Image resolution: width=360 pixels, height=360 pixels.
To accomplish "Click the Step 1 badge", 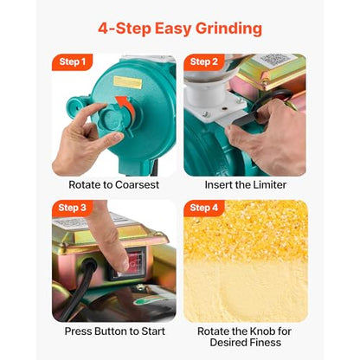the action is tap(73, 62).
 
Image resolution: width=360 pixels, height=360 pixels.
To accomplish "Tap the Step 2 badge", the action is tap(204, 62).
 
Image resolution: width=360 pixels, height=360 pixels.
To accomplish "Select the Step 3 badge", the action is tap(73, 208).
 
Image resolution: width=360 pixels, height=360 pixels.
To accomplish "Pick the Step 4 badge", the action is tap(204, 208).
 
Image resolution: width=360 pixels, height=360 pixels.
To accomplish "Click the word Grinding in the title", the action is tap(228, 29).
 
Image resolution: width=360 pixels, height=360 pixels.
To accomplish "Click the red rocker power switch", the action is tap(136, 263).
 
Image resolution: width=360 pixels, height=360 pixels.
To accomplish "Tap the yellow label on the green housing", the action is tap(127, 82).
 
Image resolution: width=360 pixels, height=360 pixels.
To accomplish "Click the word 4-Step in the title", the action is tap(125, 29).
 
